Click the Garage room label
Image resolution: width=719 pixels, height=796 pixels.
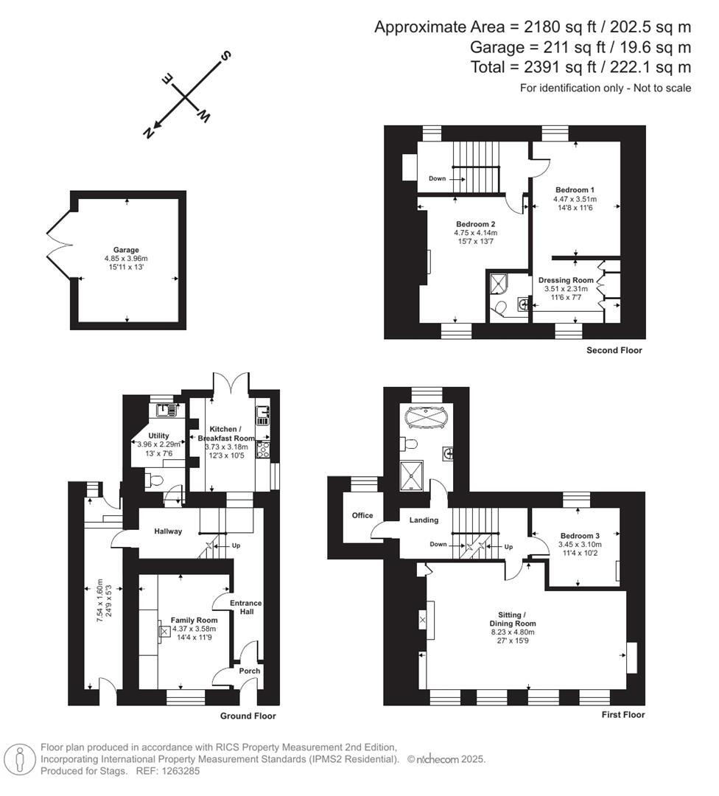coord(126,250)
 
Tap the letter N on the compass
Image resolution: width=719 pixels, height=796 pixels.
coord(148,132)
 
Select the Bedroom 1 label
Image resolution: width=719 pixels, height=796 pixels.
coord(575,189)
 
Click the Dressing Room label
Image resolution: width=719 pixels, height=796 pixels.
coord(566,280)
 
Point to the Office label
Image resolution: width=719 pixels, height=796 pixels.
coord(362,515)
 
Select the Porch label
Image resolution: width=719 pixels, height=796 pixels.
coord(248,671)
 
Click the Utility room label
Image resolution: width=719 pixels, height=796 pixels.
coord(158,436)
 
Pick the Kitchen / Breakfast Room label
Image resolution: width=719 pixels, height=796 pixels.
coord(224,433)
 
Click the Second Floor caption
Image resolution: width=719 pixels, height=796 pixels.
coord(614,350)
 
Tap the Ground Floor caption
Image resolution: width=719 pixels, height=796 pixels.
coord(248,716)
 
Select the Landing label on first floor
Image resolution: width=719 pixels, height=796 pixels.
coord(424,520)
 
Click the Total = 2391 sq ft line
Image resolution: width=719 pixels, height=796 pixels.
coord(581,67)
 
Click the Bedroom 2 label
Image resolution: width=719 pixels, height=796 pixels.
coord(475,224)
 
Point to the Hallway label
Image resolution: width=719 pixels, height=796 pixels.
coord(168,531)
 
